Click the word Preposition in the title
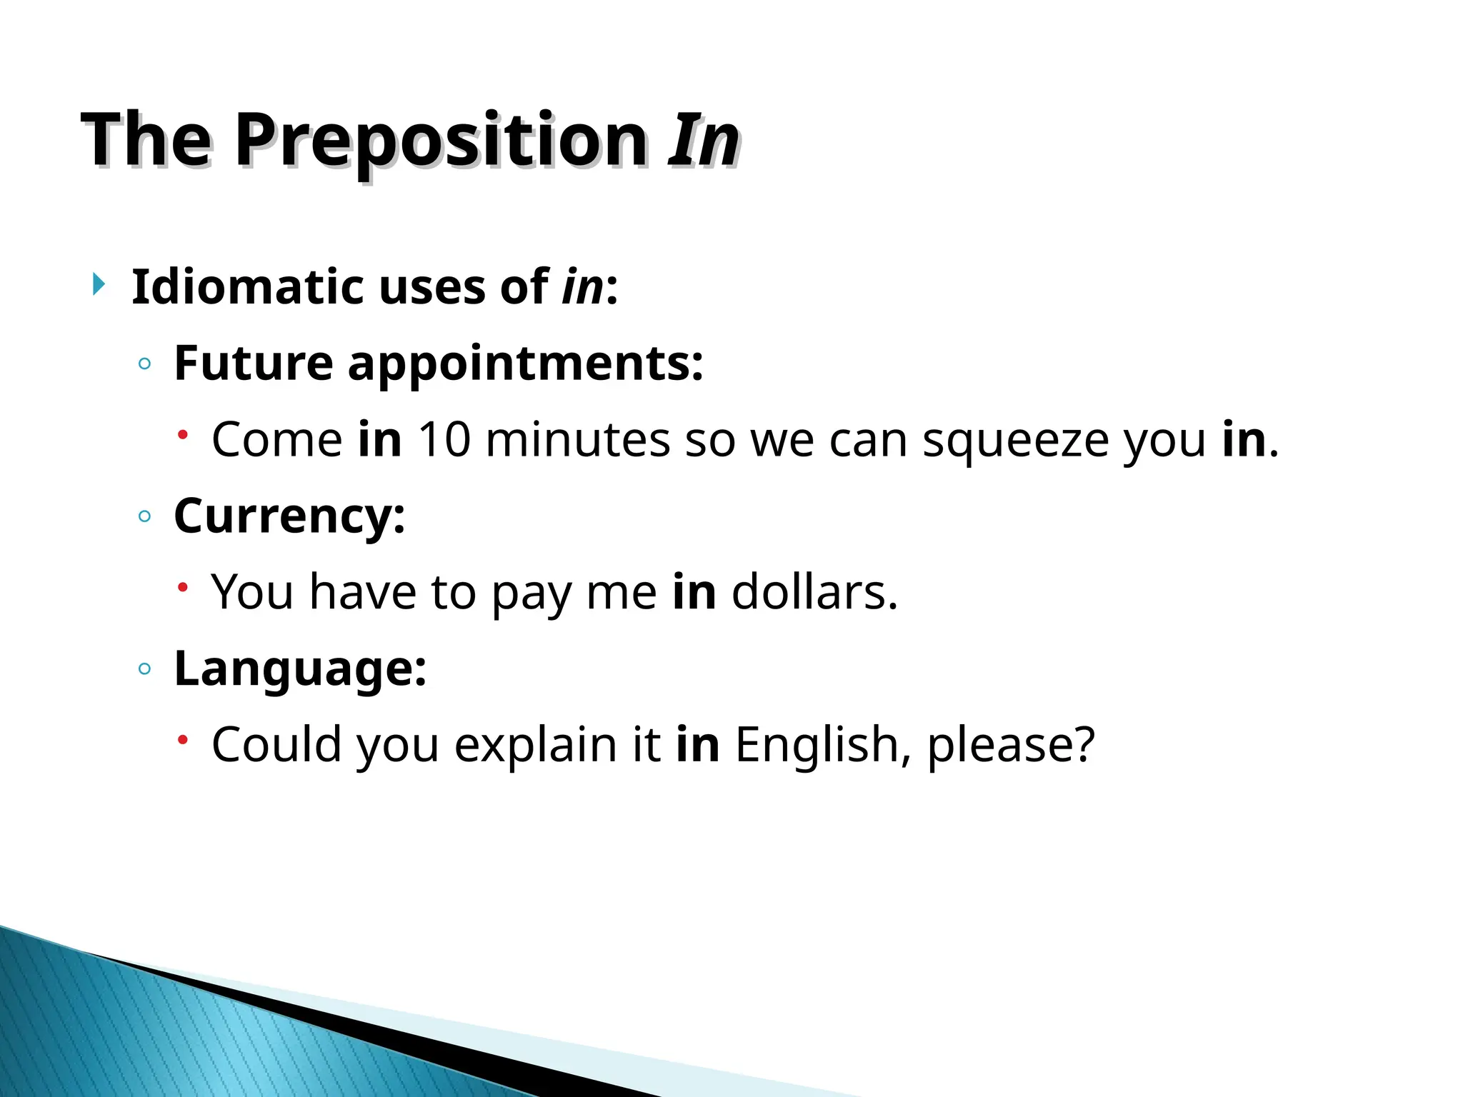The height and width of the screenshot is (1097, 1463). [441, 141]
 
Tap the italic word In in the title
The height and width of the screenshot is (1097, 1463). [703, 141]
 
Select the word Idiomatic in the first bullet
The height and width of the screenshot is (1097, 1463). [248, 287]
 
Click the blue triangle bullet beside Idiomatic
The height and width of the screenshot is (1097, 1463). [99, 285]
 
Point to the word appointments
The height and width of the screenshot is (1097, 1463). [526, 364]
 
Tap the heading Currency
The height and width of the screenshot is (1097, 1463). [289, 517]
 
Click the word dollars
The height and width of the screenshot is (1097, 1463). [814, 592]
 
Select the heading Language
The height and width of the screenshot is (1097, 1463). [300, 670]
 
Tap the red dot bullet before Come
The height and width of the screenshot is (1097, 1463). [183, 434]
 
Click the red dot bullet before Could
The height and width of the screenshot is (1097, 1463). [183, 740]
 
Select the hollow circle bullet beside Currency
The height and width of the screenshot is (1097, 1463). [145, 516]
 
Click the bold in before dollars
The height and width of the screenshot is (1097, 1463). [694, 592]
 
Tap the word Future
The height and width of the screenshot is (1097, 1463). [253, 364]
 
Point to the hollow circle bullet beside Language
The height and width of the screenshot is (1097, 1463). [145, 669]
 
